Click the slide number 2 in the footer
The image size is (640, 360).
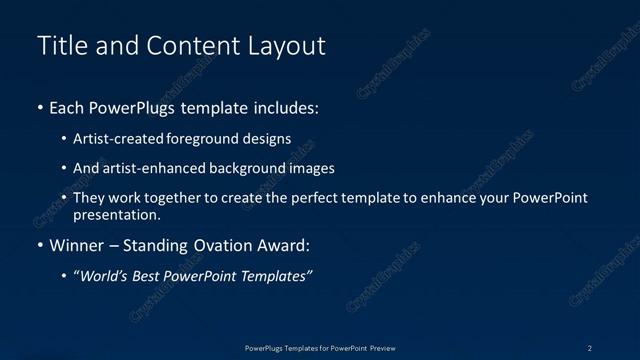click(589, 348)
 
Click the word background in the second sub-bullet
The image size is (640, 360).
click(247, 168)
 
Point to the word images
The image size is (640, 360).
click(311, 168)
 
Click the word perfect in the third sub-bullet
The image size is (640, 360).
click(280, 198)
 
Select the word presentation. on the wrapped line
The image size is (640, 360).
click(117, 214)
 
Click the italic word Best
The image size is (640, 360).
click(152, 276)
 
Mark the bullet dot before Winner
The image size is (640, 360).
click(39, 246)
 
